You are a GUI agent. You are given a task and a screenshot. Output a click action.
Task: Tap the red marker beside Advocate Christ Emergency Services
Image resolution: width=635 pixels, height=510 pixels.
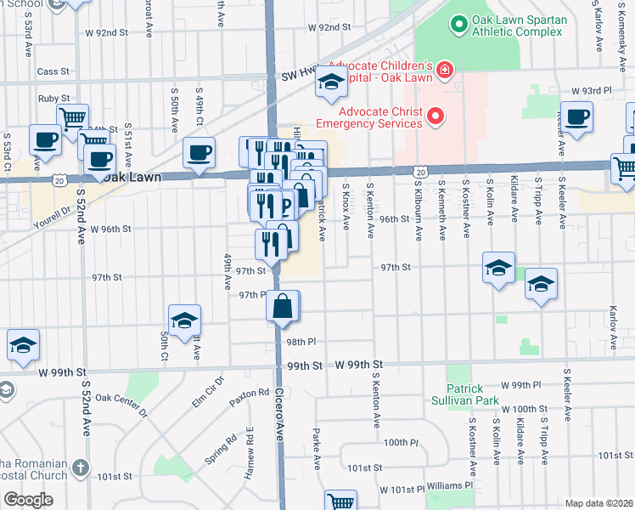(x=436, y=116)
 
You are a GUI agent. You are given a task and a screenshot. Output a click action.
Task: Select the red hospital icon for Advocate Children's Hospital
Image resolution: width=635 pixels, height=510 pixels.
(x=444, y=69)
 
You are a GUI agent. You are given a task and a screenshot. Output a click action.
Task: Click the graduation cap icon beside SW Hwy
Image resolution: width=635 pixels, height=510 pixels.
(x=331, y=82)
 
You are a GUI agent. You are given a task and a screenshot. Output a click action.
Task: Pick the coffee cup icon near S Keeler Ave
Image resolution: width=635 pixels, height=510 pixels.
(x=576, y=117)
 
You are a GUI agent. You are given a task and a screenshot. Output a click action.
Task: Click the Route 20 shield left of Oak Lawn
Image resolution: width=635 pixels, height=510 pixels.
(x=58, y=180)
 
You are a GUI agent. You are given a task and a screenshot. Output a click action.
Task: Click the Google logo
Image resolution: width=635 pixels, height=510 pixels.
(x=28, y=500)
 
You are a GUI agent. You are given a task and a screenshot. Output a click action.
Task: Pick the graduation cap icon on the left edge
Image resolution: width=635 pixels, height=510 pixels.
(x=23, y=344)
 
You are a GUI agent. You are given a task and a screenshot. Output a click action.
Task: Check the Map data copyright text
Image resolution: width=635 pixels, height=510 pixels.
(x=598, y=502)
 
